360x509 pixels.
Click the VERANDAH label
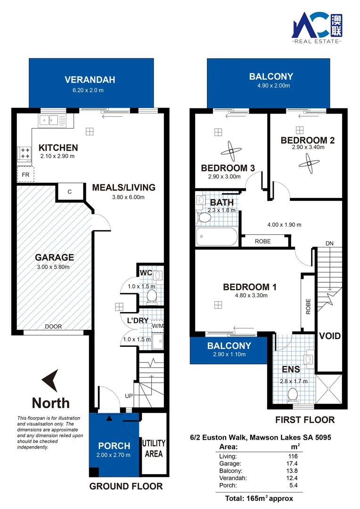tap(90, 79)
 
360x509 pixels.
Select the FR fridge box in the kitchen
tap(25, 174)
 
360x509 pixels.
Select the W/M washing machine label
tap(157, 325)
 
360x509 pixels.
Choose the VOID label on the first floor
tap(330, 336)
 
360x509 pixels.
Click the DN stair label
tap(330, 243)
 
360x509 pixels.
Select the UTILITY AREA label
tap(154, 448)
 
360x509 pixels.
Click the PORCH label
tap(114, 446)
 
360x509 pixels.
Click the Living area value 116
tap(294, 456)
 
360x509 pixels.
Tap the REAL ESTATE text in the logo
tap(317, 42)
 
